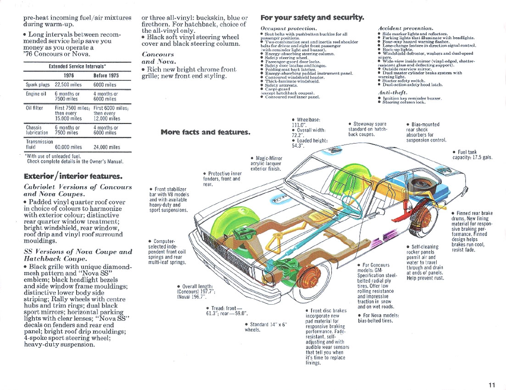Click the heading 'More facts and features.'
point(205,132)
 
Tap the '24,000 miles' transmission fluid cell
point(107,147)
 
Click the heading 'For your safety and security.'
point(312,18)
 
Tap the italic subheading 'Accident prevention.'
point(405,28)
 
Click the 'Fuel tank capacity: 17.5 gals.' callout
point(472,155)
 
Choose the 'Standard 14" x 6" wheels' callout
point(266,327)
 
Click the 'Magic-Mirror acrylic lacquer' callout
point(267,163)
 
